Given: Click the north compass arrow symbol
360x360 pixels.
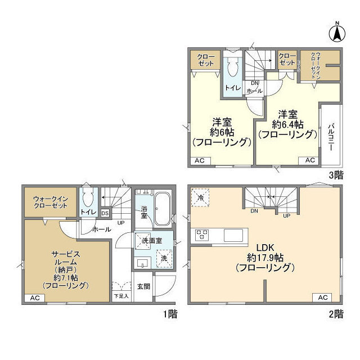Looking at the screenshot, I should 337,32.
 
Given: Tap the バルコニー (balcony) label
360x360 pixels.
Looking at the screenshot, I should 331,134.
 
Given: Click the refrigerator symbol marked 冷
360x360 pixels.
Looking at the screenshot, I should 201,197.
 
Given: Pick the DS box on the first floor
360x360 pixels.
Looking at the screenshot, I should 105,213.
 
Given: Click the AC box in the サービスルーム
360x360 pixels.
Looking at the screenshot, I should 34,298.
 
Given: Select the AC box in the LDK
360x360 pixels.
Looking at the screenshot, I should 323,297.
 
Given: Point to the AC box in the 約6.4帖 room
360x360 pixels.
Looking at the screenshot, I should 310,160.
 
